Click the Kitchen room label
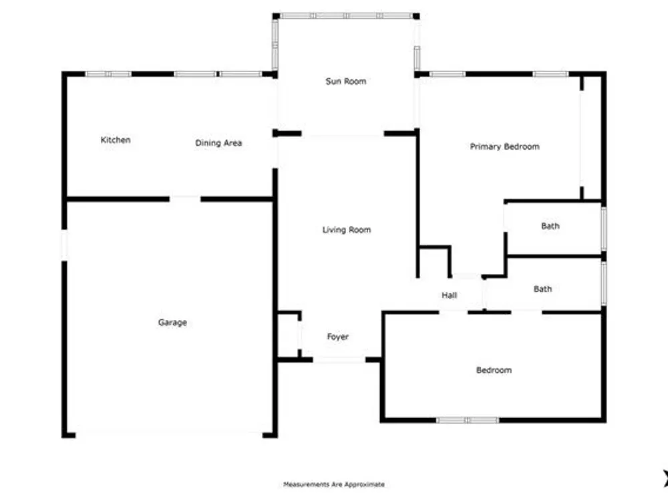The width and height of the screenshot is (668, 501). (116, 140)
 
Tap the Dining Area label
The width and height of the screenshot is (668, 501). (218, 143)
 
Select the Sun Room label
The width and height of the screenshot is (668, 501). (346, 81)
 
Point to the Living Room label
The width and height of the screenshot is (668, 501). (347, 230)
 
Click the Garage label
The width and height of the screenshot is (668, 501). (172, 323)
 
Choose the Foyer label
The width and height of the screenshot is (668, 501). (338, 337)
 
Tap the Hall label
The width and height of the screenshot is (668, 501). (450, 295)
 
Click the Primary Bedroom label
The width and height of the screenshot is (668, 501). (504, 146)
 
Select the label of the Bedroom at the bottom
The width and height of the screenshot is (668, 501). (494, 370)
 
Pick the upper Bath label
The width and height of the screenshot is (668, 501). (550, 226)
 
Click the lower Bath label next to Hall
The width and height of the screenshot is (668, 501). (543, 289)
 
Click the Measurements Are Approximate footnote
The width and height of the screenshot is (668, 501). (334, 484)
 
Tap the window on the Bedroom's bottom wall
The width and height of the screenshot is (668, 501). (468, 420)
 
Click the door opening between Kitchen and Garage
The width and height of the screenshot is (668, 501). (184, 198)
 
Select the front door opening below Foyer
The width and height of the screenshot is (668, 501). (339, 360)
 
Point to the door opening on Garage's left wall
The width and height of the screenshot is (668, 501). (65, 244)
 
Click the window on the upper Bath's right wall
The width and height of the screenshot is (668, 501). (604, 228)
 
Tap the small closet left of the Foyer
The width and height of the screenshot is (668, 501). (288, 336)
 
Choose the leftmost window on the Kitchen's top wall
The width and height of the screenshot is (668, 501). (108, 74)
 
